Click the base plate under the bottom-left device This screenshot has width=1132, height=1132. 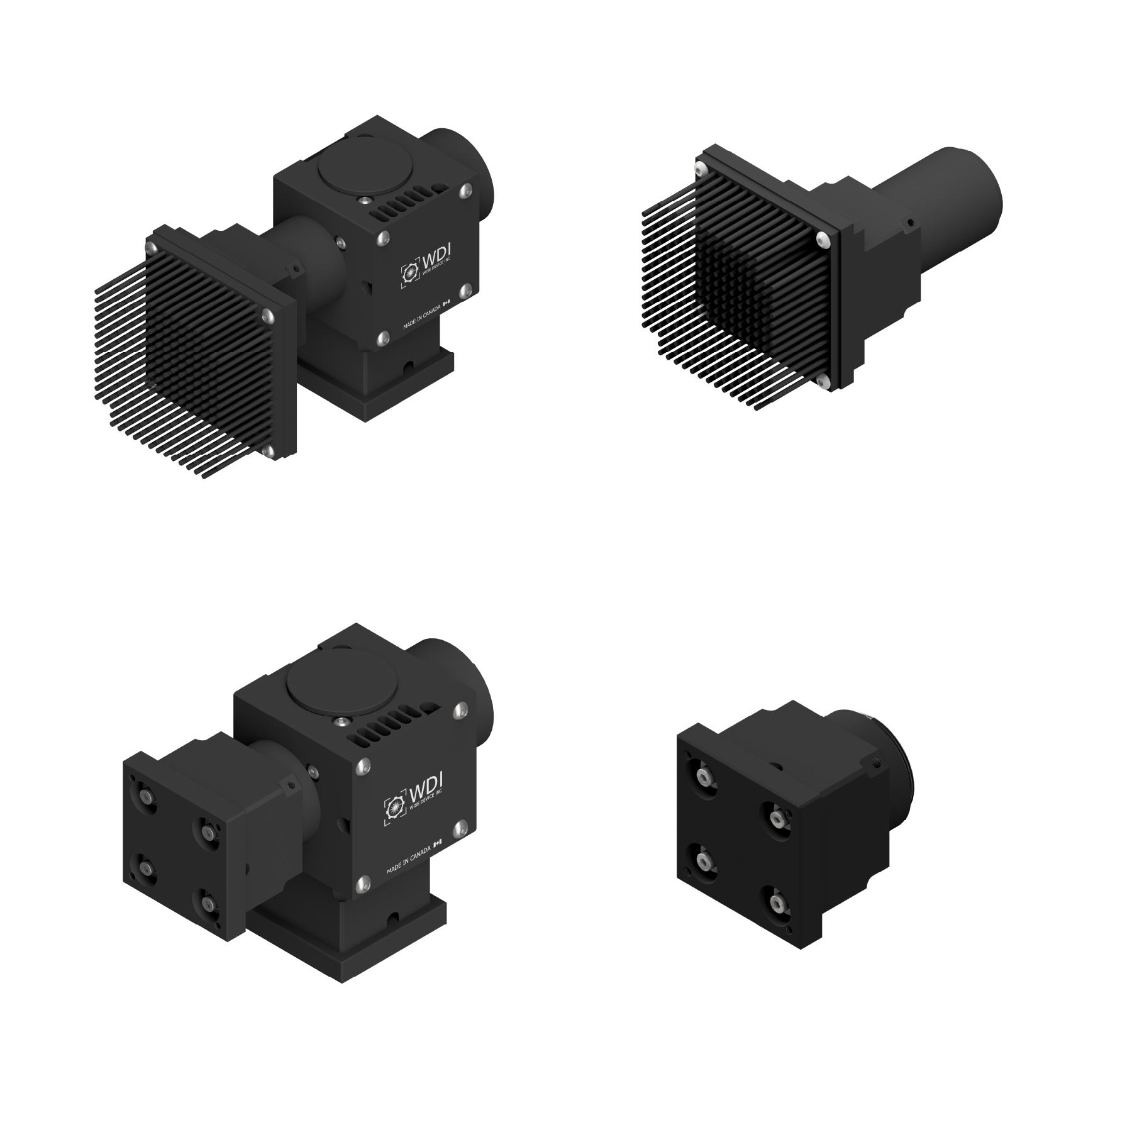tap(352, 956)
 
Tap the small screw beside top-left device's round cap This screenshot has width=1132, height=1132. tap(363, 201)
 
